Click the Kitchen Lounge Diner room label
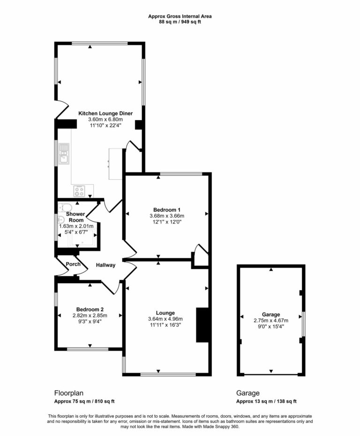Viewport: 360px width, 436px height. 105,113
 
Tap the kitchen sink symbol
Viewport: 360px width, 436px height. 64,154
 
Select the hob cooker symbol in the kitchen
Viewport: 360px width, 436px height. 79,191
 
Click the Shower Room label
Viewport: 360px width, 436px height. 76,217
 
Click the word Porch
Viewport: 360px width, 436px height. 73,264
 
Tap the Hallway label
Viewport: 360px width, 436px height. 105,265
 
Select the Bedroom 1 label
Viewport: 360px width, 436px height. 167,210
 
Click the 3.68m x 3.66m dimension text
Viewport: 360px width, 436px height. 167,216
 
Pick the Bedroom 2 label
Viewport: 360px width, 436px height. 90,309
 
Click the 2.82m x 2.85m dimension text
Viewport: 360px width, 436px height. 90,316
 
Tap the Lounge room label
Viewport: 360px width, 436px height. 166,313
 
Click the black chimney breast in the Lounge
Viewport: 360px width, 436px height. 202,325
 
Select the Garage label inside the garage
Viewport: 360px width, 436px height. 271,315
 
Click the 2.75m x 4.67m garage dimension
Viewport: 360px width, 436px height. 271,321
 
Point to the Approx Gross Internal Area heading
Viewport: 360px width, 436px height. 180,16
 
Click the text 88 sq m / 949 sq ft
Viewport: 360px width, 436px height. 180,22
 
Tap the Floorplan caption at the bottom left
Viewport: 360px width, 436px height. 69,393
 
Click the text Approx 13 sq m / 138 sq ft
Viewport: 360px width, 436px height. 266,401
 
